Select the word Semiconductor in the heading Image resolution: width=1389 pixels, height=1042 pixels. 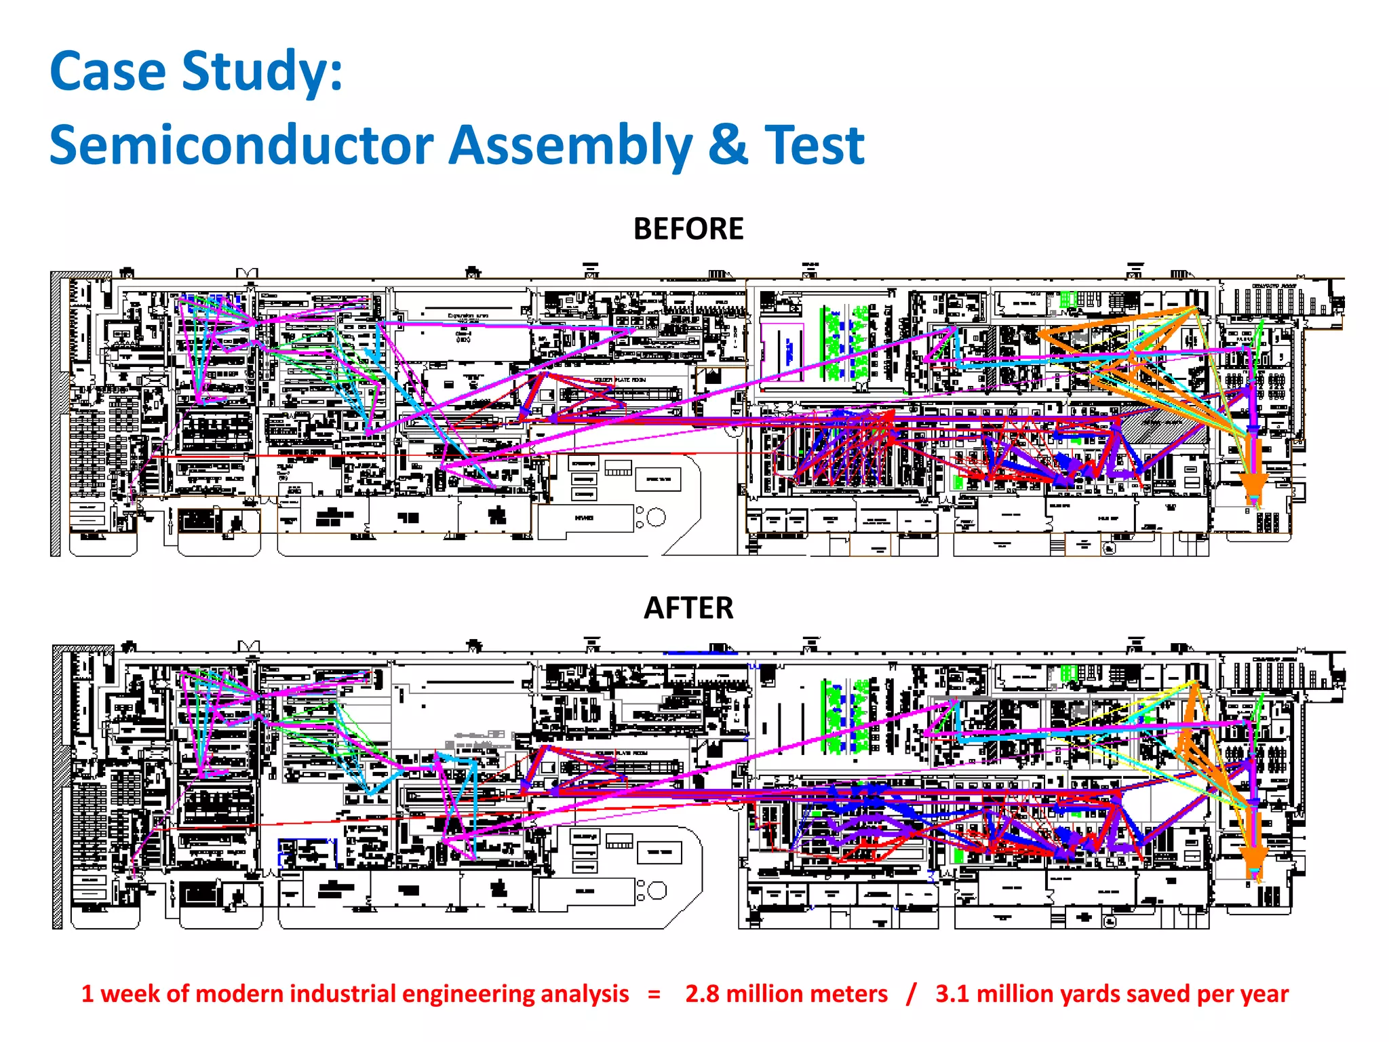(x=241, y=145)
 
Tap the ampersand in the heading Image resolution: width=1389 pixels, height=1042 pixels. (x=728, y=145)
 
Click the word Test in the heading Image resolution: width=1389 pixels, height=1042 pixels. (x=815, y=145)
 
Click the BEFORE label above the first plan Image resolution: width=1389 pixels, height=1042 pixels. (x=688, y=229)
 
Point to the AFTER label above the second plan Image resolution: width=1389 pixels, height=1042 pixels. (x=688, y=608)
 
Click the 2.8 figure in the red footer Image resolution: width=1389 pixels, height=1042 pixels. (x=702, y=994)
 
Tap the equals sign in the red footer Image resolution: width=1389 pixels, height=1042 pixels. (x=654, y=995)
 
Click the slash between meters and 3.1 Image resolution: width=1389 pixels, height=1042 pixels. (x=911, y=994)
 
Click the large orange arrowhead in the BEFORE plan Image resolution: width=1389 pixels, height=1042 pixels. (x=1254, y=486)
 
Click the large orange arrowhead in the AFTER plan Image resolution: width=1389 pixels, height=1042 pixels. (x=1254, y=856)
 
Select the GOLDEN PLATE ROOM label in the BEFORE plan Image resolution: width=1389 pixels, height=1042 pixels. (x=620, y=380)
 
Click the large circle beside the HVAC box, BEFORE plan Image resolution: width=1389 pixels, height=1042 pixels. (x=656, y=518)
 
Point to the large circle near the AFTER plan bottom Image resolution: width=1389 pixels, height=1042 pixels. (x=657, y=890)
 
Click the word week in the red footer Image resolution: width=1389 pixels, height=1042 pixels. (x=130, y=995)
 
